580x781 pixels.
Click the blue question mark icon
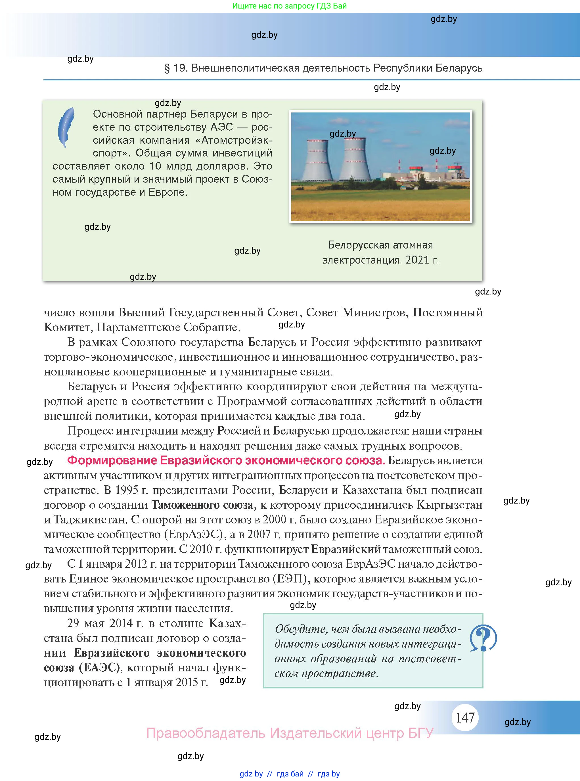[x=483, y=638]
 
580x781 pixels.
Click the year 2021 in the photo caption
[x=417, y=260]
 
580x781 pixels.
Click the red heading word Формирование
[x=112, y=460]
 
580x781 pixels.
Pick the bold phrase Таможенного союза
[x=202, y=505]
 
